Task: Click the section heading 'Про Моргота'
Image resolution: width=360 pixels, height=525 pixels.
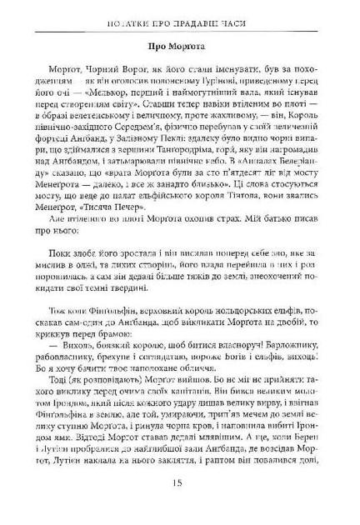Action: click(x=181, y=47)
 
